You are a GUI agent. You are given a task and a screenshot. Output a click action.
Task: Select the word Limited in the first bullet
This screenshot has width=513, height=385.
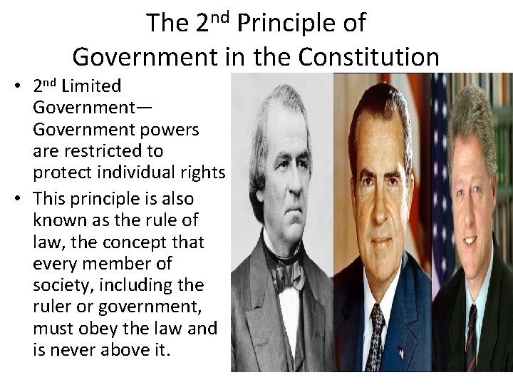click(x=91, y=86)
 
